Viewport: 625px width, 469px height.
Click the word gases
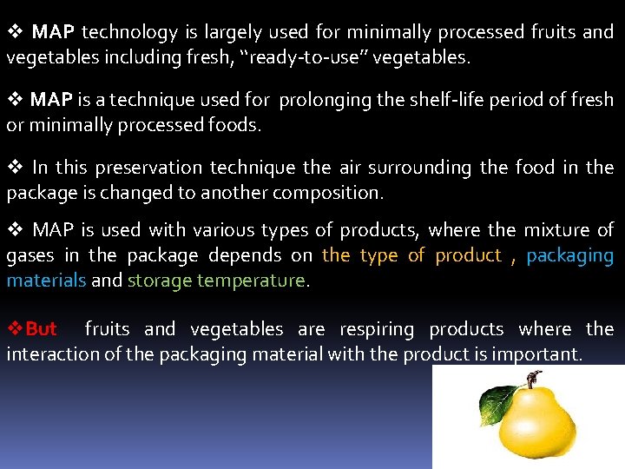(30, 255)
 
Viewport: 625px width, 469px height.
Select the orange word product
(468, 255)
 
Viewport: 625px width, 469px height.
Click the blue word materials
(46, 281)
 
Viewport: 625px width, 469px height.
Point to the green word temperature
(251, 281)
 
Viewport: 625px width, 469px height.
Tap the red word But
(41, 329)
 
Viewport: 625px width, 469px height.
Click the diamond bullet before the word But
(15, 329)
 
